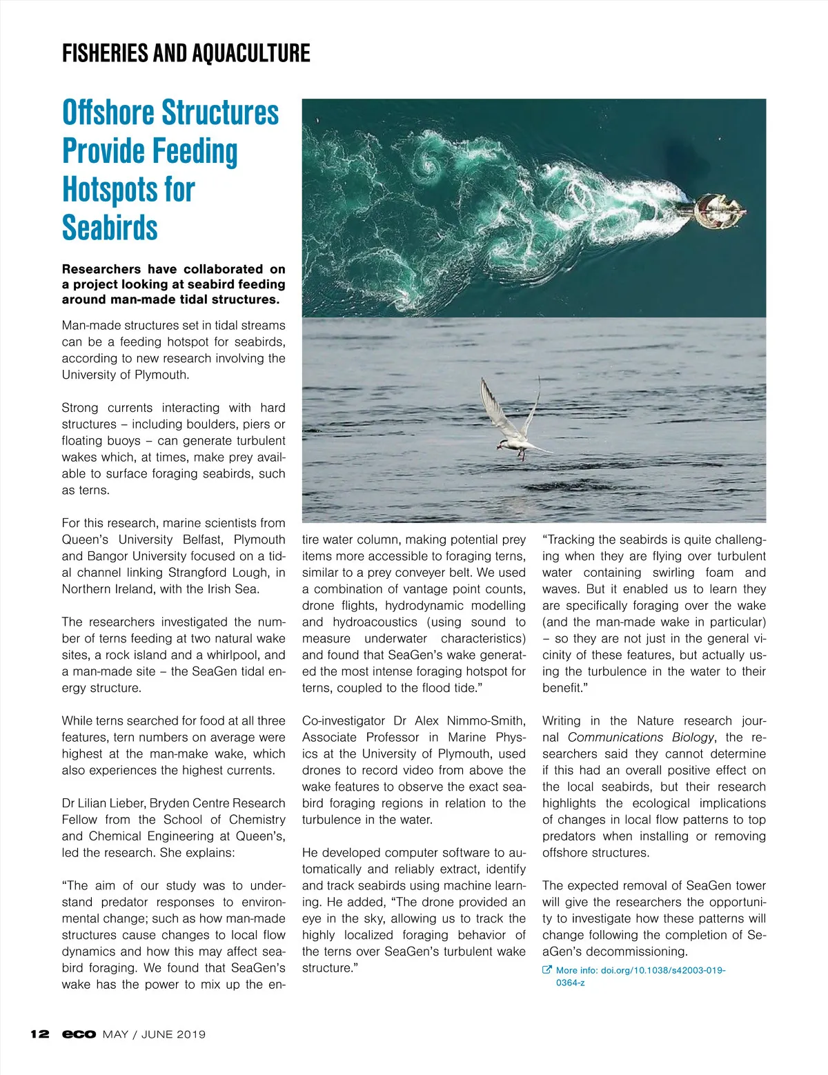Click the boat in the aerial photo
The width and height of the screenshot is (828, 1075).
coord(719,210)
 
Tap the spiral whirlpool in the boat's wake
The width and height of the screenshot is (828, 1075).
coord(429,166)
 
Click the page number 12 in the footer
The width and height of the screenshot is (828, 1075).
coord(40,1034)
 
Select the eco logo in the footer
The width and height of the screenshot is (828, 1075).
coord(79,1034)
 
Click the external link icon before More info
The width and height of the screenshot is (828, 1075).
coord(547,970)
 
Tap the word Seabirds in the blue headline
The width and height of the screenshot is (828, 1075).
coord(110,228)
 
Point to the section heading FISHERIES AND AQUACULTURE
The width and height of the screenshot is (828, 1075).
coord(186,53)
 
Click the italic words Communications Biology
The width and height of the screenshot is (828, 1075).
coord(640,738)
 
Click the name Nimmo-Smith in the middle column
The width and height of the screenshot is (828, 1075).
coord(486,721)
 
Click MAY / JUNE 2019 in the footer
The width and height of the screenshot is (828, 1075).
coord(154,1034)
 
